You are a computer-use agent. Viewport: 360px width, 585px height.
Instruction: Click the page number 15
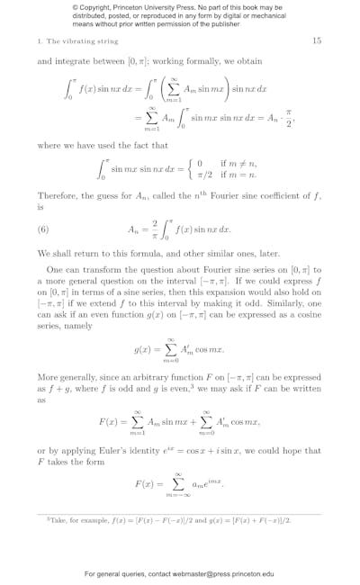point(316,40)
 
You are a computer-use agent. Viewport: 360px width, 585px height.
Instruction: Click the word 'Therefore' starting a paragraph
point(58,195)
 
